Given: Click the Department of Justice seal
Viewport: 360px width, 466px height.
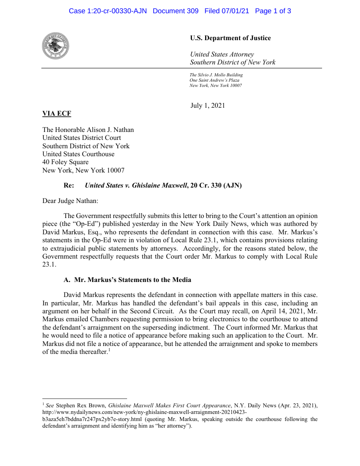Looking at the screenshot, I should (56, 46).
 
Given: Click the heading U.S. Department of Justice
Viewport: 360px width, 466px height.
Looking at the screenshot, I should (230, 38).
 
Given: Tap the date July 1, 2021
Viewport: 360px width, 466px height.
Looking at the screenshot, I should (208, 105).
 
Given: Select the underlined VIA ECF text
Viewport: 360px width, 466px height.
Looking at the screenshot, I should (56, 114).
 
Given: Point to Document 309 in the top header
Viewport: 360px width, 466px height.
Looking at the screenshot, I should (176, 11).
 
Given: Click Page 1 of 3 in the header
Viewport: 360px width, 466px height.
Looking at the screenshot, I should (273, 11).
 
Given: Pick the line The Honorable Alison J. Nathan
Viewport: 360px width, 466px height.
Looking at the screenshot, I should (88, 130).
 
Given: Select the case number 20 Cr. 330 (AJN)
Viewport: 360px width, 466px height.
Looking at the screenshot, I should (216, 186).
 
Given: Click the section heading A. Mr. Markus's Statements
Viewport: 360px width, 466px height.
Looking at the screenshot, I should (127, 280).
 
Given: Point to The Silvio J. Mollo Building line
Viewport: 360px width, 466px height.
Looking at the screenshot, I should (216, 75).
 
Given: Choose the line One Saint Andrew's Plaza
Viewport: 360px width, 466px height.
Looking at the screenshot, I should (214, 80).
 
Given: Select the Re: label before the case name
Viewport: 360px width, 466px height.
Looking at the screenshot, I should (69, 186).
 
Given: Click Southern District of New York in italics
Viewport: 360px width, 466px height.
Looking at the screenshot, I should (232, 62).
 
